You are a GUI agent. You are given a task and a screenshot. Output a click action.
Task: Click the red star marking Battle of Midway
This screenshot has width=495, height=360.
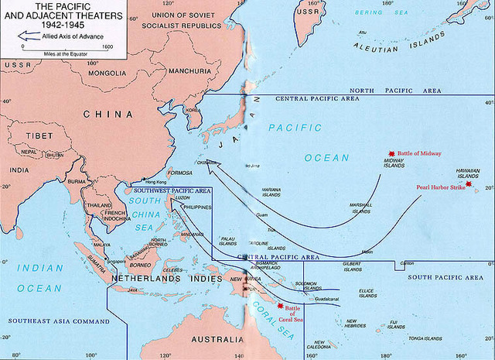392,154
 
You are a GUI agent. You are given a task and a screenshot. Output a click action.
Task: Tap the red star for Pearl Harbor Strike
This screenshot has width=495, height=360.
468,184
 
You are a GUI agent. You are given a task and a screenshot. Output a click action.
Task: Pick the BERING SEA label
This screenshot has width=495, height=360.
381,13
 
